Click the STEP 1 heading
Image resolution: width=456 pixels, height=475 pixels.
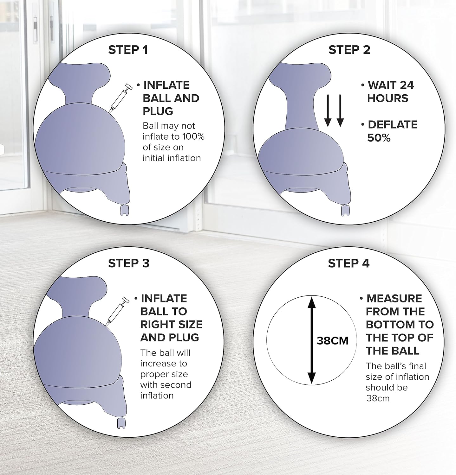coord(128,50)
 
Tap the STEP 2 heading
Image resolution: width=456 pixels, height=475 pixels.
coord(349,50)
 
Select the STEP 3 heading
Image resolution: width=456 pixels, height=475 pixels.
coord(128,263)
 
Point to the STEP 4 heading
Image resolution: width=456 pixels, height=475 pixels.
coord(349,263)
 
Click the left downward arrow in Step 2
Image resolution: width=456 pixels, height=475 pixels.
coord(328,110)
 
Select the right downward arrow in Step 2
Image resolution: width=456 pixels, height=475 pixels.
coord(340,110)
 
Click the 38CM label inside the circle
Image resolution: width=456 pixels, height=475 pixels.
coord(332,341)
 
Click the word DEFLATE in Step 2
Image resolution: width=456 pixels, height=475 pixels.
coord(393,125)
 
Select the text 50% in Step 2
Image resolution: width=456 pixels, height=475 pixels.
coord(379,138)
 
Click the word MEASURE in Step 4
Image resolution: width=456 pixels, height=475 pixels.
coord(394,299)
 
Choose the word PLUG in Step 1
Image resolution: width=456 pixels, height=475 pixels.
coord(158,111)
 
